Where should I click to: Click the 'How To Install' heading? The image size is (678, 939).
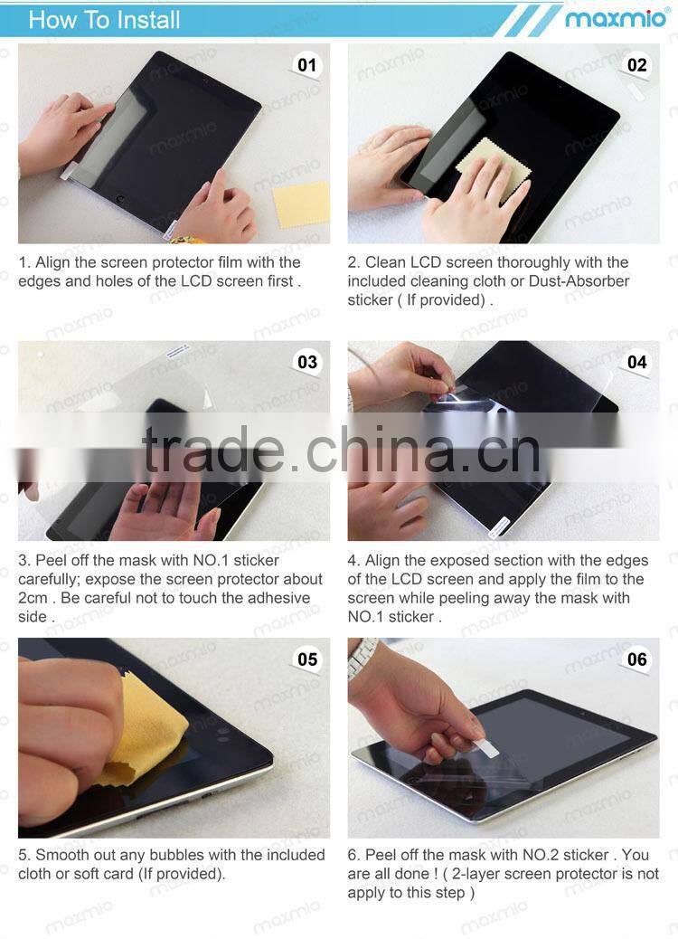point(104,19)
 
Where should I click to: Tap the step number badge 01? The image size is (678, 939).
point(307,65)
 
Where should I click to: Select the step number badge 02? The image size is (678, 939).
point(637,65)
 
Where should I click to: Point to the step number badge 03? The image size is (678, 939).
point(307,362)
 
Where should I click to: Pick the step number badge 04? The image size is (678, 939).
point(637,362)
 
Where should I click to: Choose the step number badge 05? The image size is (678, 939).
point(307,659)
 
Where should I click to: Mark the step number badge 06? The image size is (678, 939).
point(637,659)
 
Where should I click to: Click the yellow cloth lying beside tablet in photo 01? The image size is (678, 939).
point(301,204)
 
